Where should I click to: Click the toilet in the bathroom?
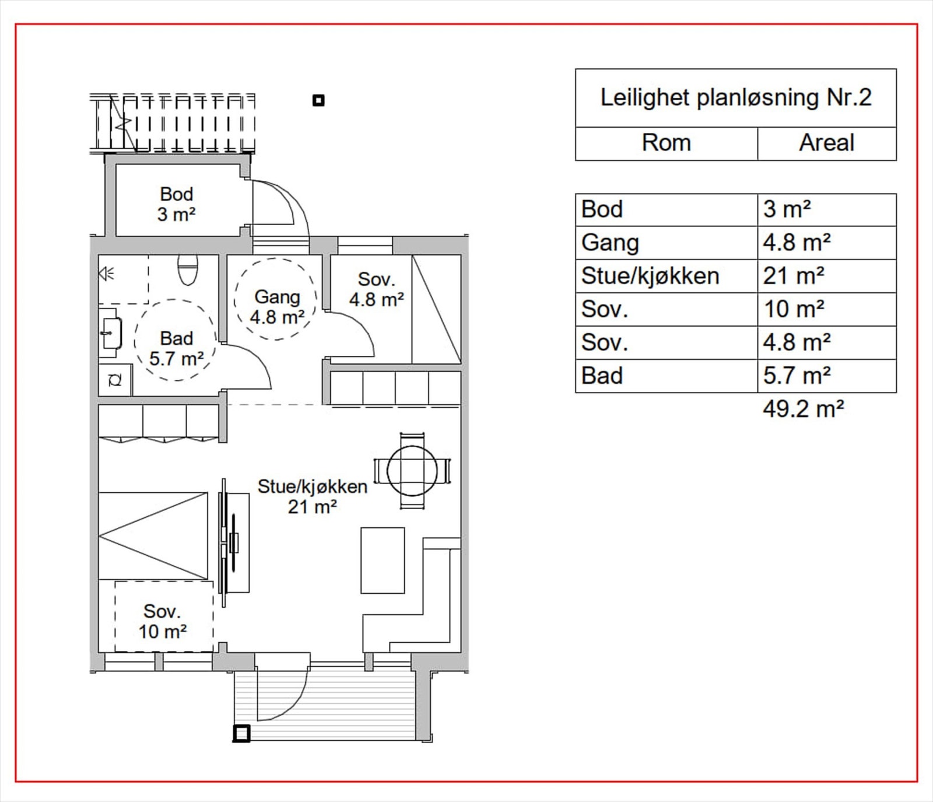[187, 269]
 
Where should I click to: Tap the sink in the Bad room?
[110, 333]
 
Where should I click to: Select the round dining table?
[412, 471]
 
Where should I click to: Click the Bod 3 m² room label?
[176, 204]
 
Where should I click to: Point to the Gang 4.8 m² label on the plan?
[277, 307]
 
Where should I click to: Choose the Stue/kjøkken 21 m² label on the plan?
[313, 496]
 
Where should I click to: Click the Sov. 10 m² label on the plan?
[162, 621]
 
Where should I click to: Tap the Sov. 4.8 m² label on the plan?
[377, 289]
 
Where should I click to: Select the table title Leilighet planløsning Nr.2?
[736, 97]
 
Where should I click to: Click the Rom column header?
[666, 143]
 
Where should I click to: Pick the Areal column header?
[827, 143]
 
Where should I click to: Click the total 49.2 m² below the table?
[804, 409]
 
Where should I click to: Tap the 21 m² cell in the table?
[794, 276]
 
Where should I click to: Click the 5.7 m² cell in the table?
[797, 376]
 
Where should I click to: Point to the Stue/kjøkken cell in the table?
[650, 276]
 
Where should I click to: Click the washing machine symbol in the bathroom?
[115, 380]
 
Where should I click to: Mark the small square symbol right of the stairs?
[318, 100]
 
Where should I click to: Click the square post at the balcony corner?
[241, 733]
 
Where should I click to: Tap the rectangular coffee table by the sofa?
[383, 560]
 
